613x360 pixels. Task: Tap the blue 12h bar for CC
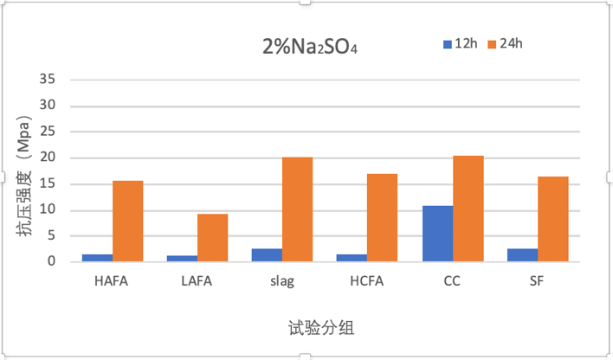click(437, 234)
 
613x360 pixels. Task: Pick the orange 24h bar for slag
click(297, 209)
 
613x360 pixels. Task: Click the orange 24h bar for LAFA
click(212, 237)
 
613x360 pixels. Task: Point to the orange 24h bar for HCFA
click(382, 217)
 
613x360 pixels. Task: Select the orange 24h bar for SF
click(552, 218)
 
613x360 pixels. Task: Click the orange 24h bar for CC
click(468, 208)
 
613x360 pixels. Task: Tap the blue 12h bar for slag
click(267, 254)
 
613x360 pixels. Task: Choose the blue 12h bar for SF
click(522, 254)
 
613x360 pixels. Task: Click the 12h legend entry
click(460, 43)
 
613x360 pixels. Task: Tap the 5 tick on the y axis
click(52, 235)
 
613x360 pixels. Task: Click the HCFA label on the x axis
click(366, 280)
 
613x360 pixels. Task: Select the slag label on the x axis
click(281, 280)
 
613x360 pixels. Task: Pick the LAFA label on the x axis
click(197, 280)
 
